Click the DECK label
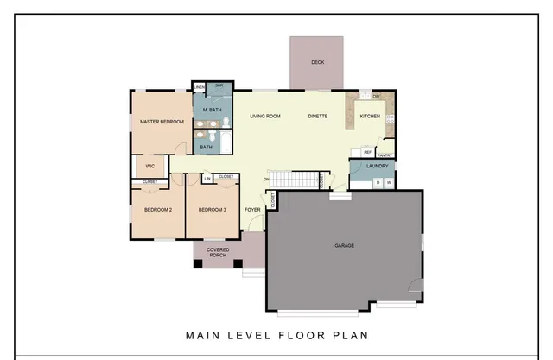coord(316,62)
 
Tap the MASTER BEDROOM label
coord(162,122)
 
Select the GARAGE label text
coord(344,245)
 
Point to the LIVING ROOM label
coord(265,116)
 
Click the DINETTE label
coord(317,116)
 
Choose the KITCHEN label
coord(370,116)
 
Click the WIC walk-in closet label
coord(149,166)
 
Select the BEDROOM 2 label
coord(158,210)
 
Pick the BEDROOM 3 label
coord(212,210)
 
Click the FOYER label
coord(252,210)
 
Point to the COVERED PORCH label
coord(218,252)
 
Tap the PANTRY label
coord(385,155)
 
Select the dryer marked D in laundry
coord(378,183)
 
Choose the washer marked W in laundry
coord(389,183)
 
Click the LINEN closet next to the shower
coord(199,87)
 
